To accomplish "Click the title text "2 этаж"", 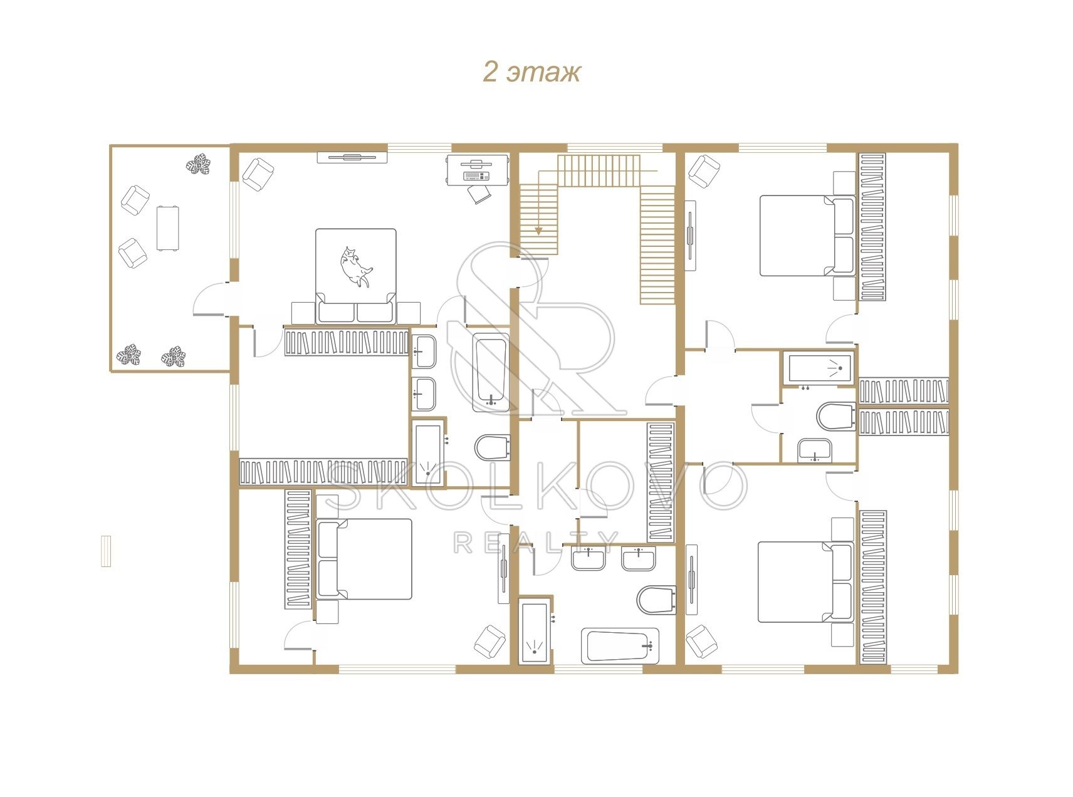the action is click(x=531, y=72).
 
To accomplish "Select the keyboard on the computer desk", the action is click(x=476, y=176).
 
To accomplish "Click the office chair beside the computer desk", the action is click(x=480, y=193).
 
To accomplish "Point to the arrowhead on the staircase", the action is click(x=538, y=231).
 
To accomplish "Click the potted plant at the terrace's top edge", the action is click(x=198, y=165).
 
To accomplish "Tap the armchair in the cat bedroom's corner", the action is click(x=258, y=174).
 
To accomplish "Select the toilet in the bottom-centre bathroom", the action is click(x=656, y=600).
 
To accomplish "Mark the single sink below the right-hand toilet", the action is click(x=814, y=451).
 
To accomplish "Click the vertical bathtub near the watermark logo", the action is click(x=490, y=372).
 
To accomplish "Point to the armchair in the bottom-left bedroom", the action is click(x=489, y=641).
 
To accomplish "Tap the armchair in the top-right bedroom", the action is click(x=704, y=171).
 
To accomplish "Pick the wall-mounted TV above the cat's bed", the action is click(x=352, y=157).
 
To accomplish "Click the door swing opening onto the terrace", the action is click(x=209, y=298).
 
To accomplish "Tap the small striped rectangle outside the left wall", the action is click(x=106, y=551).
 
